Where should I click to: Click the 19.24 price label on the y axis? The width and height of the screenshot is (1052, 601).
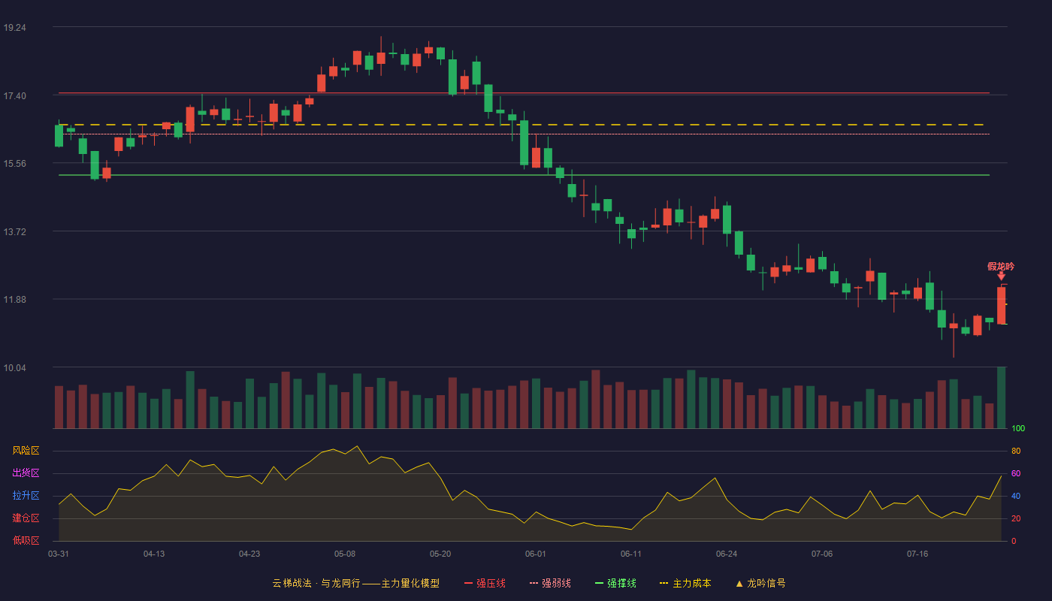pyautogui.click(x=14, y=28)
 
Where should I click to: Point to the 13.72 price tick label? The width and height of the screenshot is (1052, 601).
pyautogui.click(x=14, y=232)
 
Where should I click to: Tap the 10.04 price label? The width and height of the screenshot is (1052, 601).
pyautogui.click(x=14, y=368)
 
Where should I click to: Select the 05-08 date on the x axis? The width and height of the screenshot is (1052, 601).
pyautogui.click(x=345, y=554)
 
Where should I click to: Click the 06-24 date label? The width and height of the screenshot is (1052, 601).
pyautogui.click(x=727, y=554)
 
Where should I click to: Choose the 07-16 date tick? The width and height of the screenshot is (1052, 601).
pyautogui.click(x=917, y=554)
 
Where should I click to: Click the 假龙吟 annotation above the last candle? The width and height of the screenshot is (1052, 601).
pyautogui.click(x=1001, y=267)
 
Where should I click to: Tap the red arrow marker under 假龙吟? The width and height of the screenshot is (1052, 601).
pyautogui.click(x=1001, y=276)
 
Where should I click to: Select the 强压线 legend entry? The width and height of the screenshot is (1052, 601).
pyautogui.click(x=485, y=583)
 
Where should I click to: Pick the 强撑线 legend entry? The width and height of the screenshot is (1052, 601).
pyautogui.click(x=615, y=583)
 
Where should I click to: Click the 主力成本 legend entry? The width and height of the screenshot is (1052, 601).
pyautogui.click(x=685, y=583)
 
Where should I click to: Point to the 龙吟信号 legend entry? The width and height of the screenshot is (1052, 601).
pyautogui.click(x=760, y=583)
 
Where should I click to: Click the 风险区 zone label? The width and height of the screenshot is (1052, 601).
pyautogui.click(x=26, y=451)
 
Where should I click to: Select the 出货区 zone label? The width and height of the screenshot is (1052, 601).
pyautogui.click(x=26, y=473)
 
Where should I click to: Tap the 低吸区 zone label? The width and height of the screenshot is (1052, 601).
pyautogui.click(x=26, y=540)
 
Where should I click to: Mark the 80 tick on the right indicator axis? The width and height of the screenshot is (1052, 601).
pyautogui.click(x=1016, y=452)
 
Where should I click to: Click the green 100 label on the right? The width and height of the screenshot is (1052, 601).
pyautogui.click(x=1018, y=428)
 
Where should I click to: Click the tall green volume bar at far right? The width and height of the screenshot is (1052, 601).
pyautogui.click(x=1001, y=397)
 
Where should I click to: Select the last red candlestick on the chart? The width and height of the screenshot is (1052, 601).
pyautogui.click(x=1001, y=305)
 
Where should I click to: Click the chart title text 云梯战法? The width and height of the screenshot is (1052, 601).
pyautogui.click(x=292, y=583)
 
